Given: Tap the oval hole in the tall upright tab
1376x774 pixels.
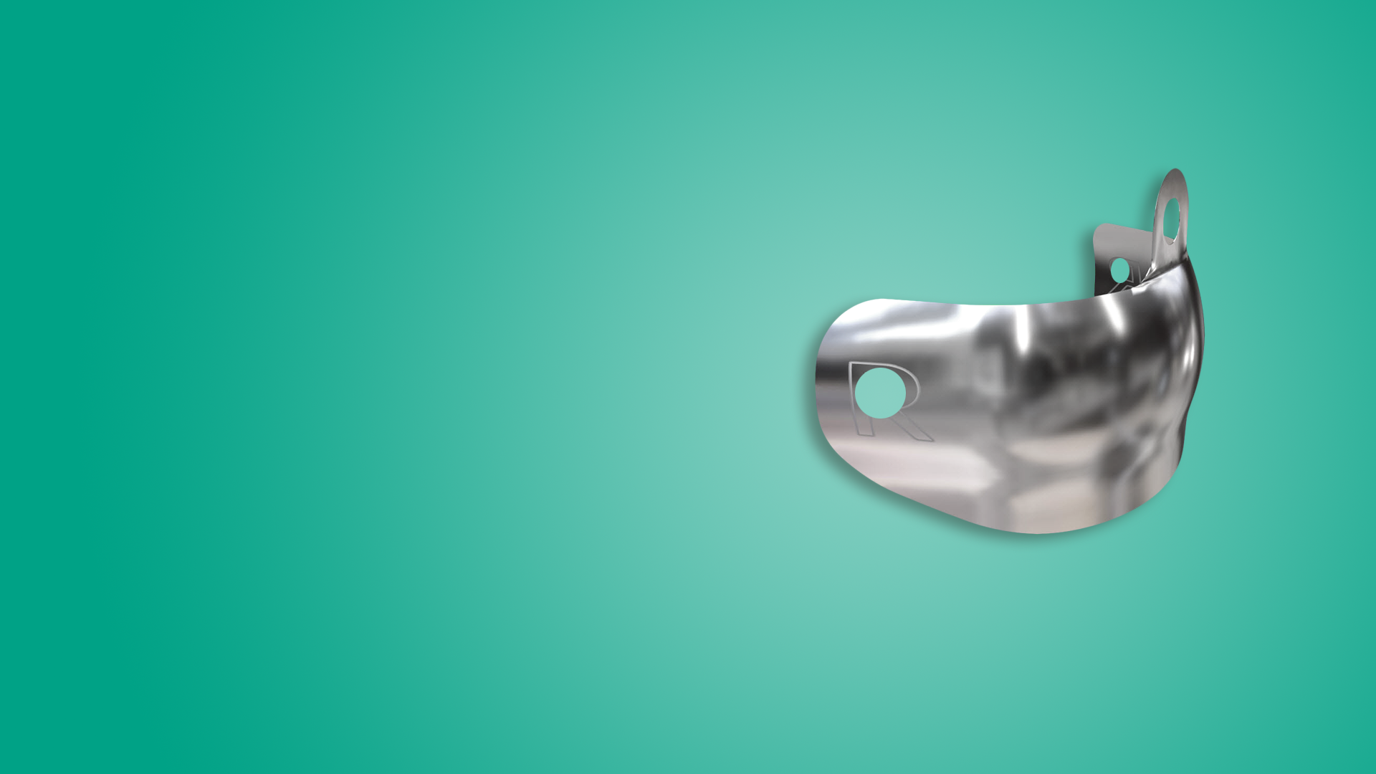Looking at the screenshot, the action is point(1170,219).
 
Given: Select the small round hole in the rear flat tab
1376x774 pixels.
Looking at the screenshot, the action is point(1119,270).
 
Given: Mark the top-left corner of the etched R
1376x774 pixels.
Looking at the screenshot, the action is point(850,363).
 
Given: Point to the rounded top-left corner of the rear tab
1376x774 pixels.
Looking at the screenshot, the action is point(1098,229).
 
